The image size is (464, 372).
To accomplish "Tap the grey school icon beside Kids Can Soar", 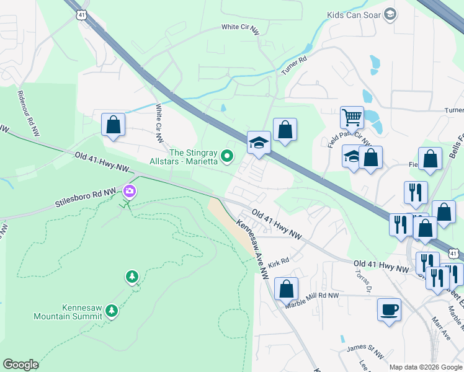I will coord(390,14).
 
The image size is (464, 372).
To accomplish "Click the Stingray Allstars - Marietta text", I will coord(193,157).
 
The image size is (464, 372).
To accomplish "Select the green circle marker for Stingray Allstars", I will coord(227,156).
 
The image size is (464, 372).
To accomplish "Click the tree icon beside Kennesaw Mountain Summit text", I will coord(112,309).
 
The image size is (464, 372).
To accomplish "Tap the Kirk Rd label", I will coord(279,262).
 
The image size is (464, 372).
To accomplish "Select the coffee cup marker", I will coord(389,309).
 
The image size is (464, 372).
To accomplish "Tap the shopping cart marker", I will coord(352,116).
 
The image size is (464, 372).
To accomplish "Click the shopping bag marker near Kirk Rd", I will coord(286,288).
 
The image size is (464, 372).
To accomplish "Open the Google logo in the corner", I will coord(20,365).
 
